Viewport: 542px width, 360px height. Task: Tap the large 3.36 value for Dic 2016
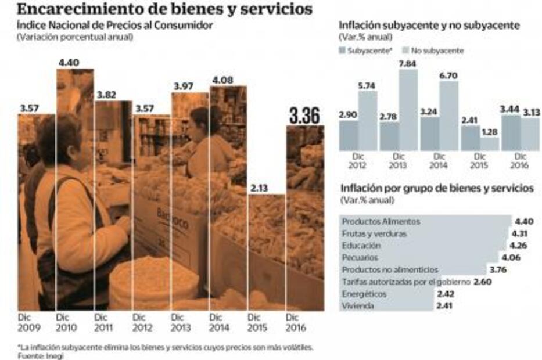304,116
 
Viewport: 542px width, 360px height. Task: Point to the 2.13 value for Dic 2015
259,188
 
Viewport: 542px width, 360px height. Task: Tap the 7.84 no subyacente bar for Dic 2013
408,110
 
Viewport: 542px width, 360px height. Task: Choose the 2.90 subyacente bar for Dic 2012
349,135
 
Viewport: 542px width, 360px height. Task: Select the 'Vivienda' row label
358,305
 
